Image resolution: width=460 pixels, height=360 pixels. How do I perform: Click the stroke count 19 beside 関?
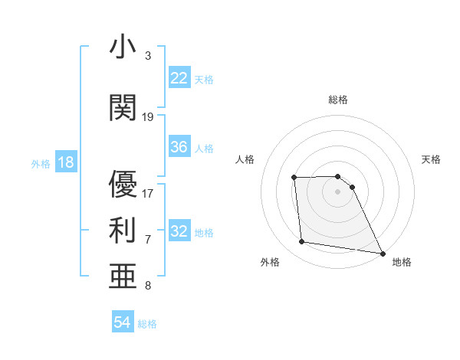(148, 117)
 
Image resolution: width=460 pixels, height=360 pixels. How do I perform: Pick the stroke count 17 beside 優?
(148, 193)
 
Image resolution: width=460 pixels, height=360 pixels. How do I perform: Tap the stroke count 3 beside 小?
(148, 56)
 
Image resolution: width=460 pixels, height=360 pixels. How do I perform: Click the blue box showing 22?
(179, 78)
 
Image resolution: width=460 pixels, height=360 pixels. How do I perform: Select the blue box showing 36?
(179, 147)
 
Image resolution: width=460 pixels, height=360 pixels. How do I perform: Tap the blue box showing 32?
(179, 231)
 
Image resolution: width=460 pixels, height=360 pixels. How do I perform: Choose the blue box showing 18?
(65, 163)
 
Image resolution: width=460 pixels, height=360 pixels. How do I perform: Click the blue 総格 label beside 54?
(148, 324)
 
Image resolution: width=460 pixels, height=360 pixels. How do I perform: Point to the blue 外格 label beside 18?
(41, 164)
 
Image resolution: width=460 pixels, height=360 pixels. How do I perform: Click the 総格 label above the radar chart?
(337, 100)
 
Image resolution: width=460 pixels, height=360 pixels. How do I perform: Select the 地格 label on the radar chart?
(402, 262)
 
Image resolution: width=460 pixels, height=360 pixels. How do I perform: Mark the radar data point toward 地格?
(382, 254)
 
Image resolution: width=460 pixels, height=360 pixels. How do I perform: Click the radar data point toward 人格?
(294, 178)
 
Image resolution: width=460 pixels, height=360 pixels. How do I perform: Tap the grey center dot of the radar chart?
(337, 191)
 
